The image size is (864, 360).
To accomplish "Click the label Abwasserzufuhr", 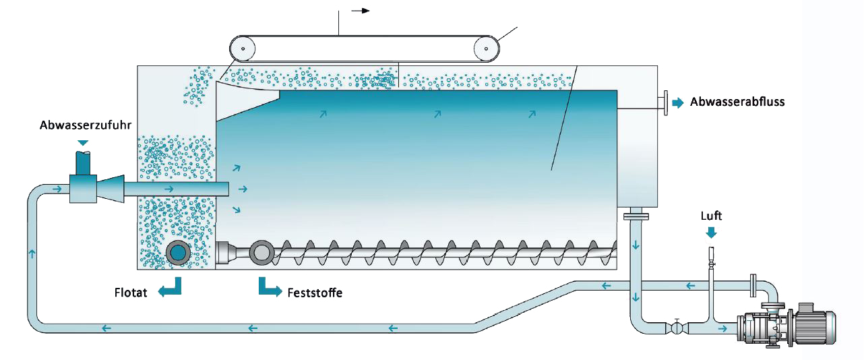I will [x=82, y=125].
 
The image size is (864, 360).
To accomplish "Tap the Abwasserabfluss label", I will [x=737, y=102].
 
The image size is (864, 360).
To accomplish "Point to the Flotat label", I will [x=131, y=293].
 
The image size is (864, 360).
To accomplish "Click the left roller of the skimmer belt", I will [x=242, y=49].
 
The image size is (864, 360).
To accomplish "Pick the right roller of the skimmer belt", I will [x=486, y=49].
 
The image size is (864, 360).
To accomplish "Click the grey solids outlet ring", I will [x=261, y=252].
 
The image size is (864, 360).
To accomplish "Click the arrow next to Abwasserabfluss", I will [x=678, y=102].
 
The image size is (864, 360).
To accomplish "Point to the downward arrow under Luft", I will [x=711, y=231].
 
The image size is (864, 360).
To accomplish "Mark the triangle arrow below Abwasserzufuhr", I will [x=82, y=142].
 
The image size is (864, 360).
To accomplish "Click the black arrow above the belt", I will [x=361, y=11].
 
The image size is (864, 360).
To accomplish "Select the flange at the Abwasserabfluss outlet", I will [x=665, y=102].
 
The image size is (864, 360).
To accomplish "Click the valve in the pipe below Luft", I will [x=676, y=328].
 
